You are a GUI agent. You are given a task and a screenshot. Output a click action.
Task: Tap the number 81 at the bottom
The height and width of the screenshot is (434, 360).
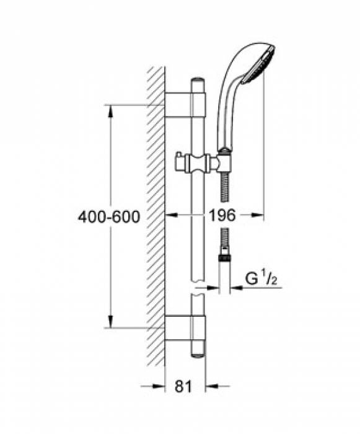(x=182, y=387)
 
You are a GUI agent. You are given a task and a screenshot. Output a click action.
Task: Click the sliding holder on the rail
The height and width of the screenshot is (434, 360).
(x=198, y=164)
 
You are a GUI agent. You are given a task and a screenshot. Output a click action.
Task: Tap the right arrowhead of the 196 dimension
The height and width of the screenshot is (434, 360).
(x=259, y=216)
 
